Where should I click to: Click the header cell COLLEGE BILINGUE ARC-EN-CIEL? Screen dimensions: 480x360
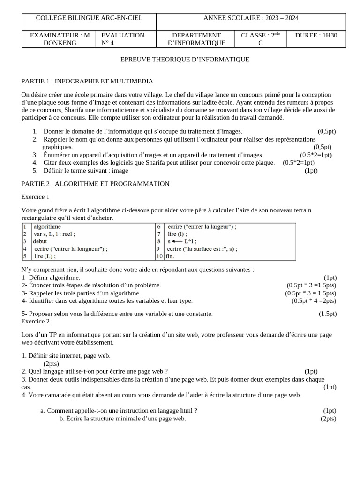[89, 18]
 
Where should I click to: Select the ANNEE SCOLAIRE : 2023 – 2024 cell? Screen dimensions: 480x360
[251, 18]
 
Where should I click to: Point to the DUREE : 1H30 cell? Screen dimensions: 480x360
[316, 35]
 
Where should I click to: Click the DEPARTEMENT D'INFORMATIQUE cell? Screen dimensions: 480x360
[196, 39]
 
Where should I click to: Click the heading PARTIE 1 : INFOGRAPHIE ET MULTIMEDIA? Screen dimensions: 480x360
[87, 81]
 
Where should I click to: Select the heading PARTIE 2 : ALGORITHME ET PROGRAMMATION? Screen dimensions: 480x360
[95, 184]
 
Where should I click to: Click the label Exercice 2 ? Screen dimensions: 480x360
[37, 321]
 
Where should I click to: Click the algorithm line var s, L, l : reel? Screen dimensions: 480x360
[54, 234]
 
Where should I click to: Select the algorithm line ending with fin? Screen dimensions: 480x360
[170, 256]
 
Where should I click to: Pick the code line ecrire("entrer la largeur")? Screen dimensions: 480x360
[202, 226]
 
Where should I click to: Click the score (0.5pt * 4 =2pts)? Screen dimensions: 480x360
[314, 301]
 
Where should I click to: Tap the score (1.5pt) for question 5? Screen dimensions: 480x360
[328, 314]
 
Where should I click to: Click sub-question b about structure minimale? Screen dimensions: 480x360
[123, 419]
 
